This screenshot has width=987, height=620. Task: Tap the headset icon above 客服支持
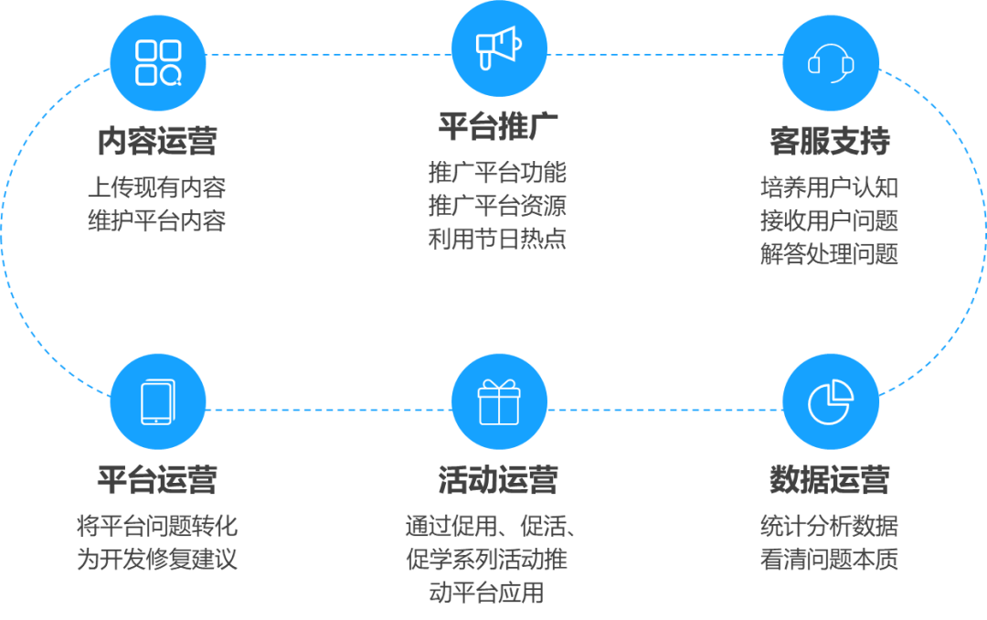[831, 62]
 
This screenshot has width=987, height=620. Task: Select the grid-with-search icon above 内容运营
[158, 62]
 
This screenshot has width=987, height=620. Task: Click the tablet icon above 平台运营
[158, 402]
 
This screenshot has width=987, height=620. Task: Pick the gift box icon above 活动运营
[499, 402]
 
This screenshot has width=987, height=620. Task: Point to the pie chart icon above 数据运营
[831, 402]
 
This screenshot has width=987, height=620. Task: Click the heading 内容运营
[157, 143]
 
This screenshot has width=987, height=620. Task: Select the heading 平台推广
[498, 126]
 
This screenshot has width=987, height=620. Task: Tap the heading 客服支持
[830, 143]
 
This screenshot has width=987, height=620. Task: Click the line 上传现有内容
[157, 187]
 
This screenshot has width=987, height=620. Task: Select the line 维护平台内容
[157, 220]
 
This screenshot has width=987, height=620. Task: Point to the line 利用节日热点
[498, 240]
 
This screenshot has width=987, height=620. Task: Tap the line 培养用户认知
[830, 187]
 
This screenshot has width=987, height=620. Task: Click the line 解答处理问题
[830, 253]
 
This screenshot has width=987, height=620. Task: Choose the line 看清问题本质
[830, 559]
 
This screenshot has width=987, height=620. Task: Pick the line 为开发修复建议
[157, 559]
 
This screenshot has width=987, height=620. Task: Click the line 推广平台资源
[498, 206]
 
